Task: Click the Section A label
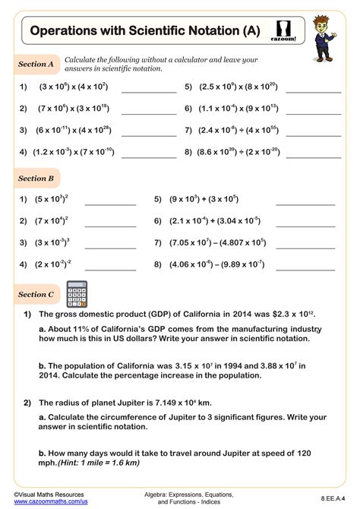point(36,65)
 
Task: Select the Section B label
point(36,179)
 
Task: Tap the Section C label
point(36,294)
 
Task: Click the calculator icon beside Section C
point(77,293)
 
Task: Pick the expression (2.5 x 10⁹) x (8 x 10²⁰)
point(237,87)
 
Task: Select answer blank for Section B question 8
point(305,267)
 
